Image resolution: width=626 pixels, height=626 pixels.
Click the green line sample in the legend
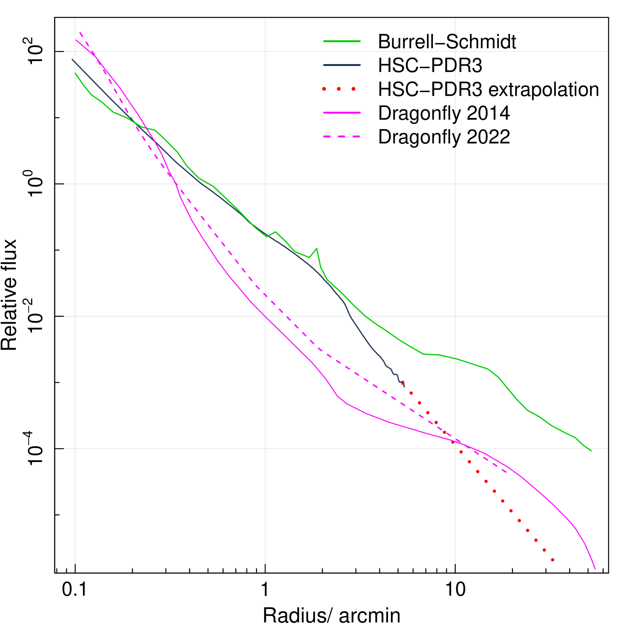pos(342,41)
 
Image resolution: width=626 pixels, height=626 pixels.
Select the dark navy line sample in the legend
pos(342,65)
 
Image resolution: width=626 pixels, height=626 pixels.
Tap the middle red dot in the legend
pos(338,89)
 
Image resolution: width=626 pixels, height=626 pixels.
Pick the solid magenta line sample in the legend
pos(342,113)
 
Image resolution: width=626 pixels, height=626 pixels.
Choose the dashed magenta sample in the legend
pos(342,136)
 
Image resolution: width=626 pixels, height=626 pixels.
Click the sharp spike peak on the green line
pos(317,248)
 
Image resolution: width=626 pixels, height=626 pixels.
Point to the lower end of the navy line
pos(404,387)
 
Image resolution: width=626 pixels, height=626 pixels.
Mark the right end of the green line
pos(591,450)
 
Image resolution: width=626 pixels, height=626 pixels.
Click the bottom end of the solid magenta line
pos(595,569)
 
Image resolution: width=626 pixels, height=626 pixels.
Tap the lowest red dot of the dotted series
pos(553,560)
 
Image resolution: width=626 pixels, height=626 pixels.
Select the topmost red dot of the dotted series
pos(403,383)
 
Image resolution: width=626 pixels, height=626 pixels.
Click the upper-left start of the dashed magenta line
pos(80,32)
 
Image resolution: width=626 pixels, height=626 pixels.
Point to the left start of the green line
pos(75,73)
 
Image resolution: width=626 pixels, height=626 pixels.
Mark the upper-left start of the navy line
pos(72,59)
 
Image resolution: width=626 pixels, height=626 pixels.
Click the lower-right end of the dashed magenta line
pos(507,473)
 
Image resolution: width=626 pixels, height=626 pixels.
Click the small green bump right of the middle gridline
pos(276,232)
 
